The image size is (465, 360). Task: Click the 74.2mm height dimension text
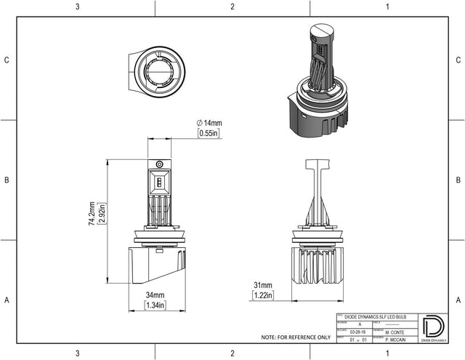pos(92,214)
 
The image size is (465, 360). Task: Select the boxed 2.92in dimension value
pos(102,214)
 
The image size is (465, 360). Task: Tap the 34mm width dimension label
pos(155,295)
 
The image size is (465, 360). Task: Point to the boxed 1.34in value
pos(155,305)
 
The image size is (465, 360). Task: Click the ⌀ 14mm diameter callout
pos(210,123)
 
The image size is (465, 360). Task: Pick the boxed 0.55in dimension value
pos(210,134)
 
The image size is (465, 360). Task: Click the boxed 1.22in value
pos(264,295)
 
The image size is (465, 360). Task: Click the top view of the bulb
pos(159,70)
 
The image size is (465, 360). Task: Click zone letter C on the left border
pos(7,60)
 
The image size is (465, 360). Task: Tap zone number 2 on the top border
pos(232,7)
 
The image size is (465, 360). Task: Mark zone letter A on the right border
pos(458,300)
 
